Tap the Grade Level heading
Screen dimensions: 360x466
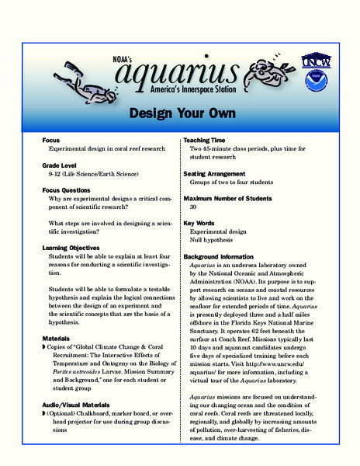coord(64,165)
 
